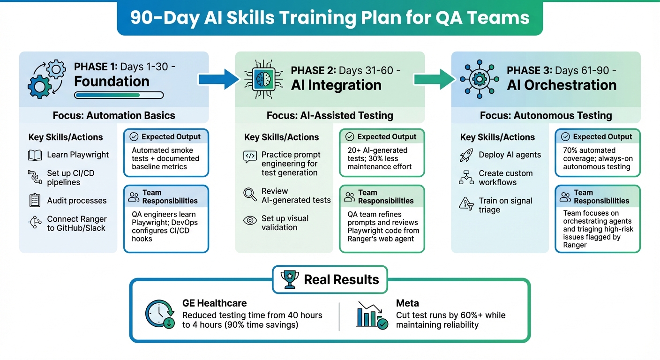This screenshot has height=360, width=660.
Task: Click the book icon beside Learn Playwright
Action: click(35, 155)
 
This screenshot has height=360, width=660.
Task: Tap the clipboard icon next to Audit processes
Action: click(35, 201)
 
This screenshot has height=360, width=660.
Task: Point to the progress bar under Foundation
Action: click(119, 95)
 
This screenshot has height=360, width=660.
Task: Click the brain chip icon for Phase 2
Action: click(262, 78)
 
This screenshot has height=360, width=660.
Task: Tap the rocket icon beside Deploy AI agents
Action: click(466, 155)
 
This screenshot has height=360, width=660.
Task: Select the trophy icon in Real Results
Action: click(290, 279)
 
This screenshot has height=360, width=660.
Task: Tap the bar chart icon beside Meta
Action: click(372, 315)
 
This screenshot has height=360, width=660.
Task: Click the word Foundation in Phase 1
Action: click(112, 81)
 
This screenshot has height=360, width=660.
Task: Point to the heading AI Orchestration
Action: click(562, 85)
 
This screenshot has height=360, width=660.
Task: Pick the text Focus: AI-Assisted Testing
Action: click(330, 115)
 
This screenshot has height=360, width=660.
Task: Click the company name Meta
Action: click(407, 303)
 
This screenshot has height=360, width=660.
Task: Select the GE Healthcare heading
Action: click(215, 303)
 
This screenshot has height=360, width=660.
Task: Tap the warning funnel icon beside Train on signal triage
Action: click(466, 204)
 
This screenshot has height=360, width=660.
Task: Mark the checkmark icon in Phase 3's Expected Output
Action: click(565, 137)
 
